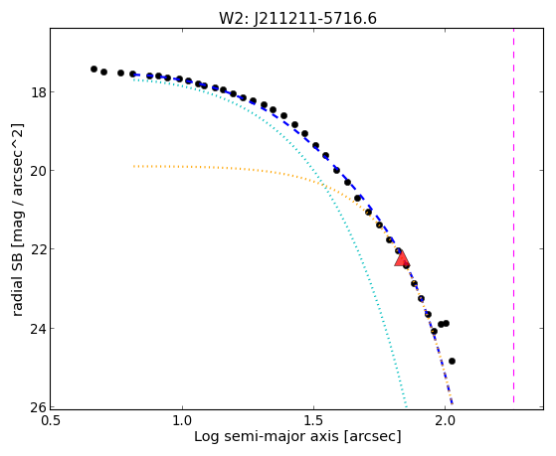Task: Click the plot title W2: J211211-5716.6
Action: coord(297,18)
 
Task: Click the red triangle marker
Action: coord(402,258)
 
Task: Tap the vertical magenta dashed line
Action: coord(513,216)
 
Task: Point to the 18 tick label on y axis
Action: coord(38,92)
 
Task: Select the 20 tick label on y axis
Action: coord(38,171)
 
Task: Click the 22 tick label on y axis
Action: coord(38,249)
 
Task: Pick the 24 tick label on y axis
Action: coord(38,329)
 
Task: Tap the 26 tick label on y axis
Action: coord(38,407)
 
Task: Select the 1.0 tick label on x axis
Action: coord(182,421)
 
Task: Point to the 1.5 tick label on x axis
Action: coord(313,421)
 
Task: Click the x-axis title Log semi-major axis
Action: coord(267,436)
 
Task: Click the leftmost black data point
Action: coord(93,70)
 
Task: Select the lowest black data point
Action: coord(452,361)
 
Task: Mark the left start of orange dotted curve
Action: coord(133,166)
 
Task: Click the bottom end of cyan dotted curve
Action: coord(407,406)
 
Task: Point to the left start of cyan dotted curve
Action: coord(133,79)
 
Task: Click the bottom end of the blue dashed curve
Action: coord(453,403)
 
